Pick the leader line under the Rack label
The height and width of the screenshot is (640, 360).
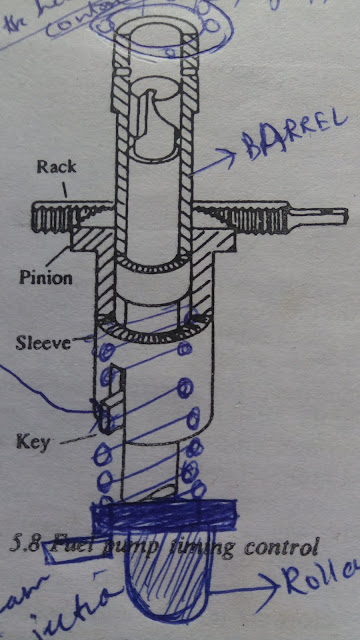[x=67, y=187]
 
